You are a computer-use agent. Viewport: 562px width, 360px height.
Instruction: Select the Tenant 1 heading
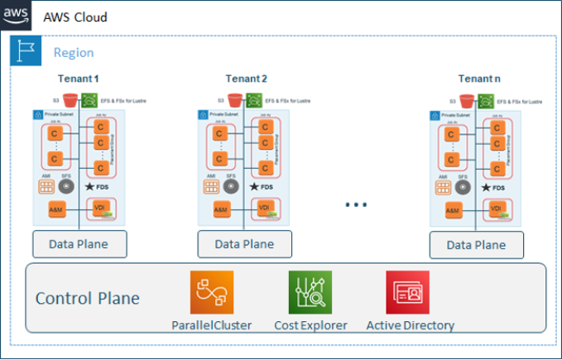click(x=79, y=79)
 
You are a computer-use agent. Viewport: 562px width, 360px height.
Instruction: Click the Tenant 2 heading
click(x=246, y=79)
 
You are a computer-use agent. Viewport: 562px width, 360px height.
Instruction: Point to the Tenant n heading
click(x=478, y=79)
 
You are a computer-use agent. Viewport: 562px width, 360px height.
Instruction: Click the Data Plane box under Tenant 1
click(x=80, y=244)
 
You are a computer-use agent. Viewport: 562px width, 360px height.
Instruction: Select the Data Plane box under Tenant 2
click(x=244, y=244)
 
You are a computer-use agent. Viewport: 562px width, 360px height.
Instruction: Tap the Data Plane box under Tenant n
click(x=476, y=244)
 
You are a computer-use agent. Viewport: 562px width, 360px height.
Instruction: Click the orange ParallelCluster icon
click(x=212, y=292)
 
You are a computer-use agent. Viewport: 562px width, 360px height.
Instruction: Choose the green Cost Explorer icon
click(x=310, y=292)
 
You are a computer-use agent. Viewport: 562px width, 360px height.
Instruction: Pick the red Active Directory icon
click(x=407, y=292)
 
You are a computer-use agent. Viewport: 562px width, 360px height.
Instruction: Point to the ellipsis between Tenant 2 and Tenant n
click(x=355, y=203)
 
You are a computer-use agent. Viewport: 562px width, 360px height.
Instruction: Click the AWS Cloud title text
click(x=74, y=17)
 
